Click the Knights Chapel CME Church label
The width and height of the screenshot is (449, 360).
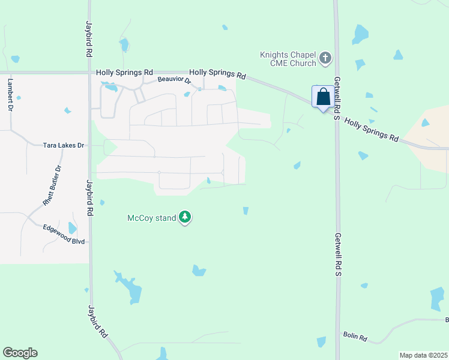pos(287,58)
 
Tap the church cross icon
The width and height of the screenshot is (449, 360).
pos(325,58)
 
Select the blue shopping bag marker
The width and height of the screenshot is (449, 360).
pos(323,97)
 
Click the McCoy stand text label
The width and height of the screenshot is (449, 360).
pos(152,218)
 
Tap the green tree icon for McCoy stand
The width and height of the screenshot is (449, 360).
pos(186,217)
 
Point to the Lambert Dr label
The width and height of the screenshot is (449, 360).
pos(10,94)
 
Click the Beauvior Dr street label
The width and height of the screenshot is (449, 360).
pos(174,80)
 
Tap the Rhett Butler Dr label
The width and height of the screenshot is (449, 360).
pos(53,186)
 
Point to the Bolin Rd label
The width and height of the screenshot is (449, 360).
pos(355,337)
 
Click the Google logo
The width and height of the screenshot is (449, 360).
pos(20,353)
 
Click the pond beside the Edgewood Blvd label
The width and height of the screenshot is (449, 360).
pos(73,228)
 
